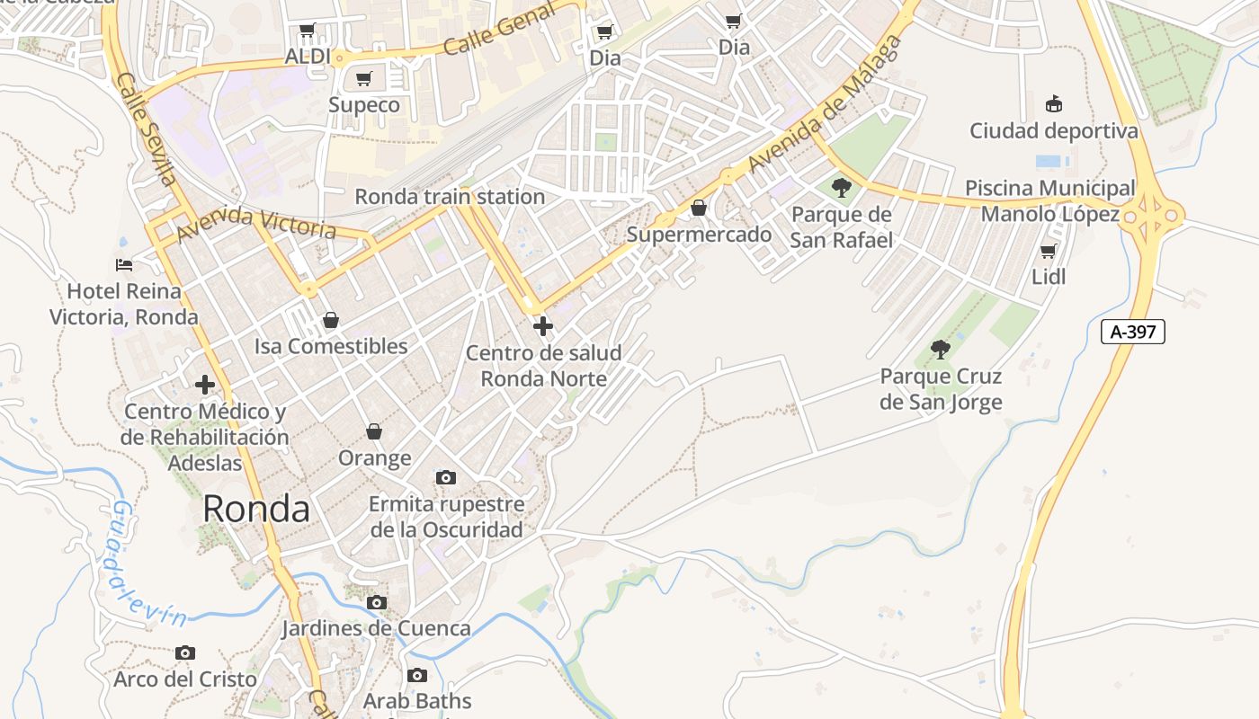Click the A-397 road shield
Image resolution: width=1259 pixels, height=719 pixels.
pyautogui.click(x=1133, y=332)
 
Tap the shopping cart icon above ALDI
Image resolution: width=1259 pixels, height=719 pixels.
pyautogui.click(x=308, y=31)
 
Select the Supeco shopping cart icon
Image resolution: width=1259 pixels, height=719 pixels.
pyautogui.click(x=363, y=79)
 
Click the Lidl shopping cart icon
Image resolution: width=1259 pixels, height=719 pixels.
pyautogui.click(x=1048, y=251)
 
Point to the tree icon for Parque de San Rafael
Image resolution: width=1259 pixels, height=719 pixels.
pyautogui.click(x=842, y=188)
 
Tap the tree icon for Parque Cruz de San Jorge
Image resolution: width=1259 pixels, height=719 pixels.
pyautogui.click(x=941, y=349)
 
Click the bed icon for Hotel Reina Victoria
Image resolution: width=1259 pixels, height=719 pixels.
pyautogui.click(x=124, y=265)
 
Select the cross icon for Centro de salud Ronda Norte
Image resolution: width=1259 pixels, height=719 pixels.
pyautogui.click(x=542, y=326)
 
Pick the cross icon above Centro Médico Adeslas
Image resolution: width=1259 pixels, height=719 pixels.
pyautogui.click(x=205, y=385)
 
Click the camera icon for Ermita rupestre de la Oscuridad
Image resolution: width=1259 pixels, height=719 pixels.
pyautogui.click(x=446, y=477)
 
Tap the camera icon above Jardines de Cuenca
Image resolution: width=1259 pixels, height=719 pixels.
pyautogui.click(x=377, y=602)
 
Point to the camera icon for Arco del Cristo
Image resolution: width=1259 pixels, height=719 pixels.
pyautogui.click(x=185, y=652)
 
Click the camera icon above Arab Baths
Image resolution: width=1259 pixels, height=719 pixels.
pyautogui.click(x=416, y=675)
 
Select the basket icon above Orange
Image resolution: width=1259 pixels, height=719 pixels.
pyautogui.click(x=374, y=432)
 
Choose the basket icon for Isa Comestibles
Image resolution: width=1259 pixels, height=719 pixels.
pyautogui.click(x=331, y=320)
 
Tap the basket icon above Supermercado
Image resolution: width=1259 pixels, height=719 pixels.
pyautogui.click(x=699, y=209)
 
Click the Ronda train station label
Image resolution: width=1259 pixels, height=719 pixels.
pyautogui.click(x=450, y=196)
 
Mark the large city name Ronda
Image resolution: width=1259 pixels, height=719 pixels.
pyautogui.click(x=256, y=509)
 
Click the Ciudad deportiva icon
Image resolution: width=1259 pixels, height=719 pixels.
pyautogui.click(x=1054, y=104)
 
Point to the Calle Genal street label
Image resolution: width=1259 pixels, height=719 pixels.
pyautogui.click(x=487, y=32)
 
